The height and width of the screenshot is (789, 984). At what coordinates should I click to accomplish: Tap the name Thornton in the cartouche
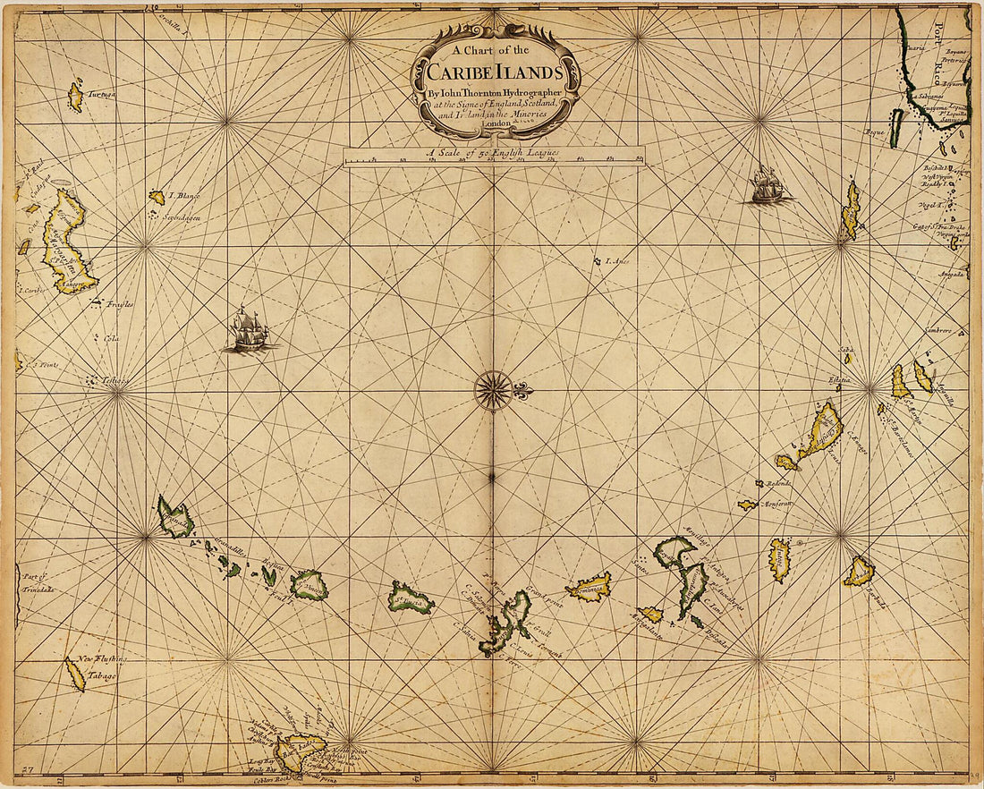click(484, 91)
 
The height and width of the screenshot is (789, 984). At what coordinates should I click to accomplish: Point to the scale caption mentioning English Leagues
click(493, 153)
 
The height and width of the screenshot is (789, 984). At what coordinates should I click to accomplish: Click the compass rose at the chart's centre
click(493, 391)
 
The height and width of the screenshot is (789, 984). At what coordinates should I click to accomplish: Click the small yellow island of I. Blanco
click(157, 197)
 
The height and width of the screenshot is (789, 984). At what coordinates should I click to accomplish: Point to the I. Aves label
click(618, 262)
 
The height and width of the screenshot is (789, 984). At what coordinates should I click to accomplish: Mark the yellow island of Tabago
click(75, 674)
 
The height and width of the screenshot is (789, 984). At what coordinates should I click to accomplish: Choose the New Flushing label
click(102, 660)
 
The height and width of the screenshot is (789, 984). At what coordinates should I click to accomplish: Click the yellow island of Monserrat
click(748, 505)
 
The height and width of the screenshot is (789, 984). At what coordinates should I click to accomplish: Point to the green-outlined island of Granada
click(175, 518)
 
